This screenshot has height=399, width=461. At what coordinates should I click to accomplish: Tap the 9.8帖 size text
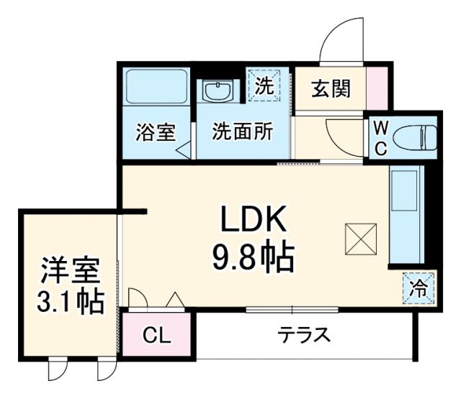253,256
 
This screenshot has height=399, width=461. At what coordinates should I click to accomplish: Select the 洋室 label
68,271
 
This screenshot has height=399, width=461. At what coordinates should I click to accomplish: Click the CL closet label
156,335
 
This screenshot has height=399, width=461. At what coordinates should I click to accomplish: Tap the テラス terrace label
305,335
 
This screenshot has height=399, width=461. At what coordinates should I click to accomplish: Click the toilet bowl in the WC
419,136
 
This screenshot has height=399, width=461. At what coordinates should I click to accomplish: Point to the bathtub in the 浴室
156,88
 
